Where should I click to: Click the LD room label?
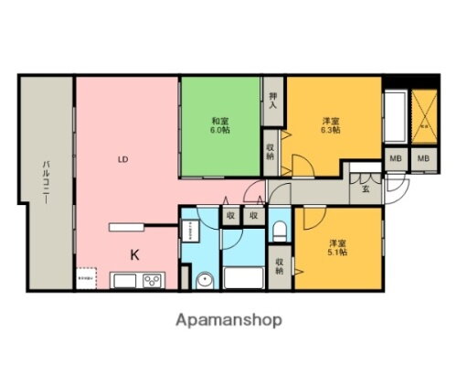click(122, 159)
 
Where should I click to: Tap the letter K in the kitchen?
click(133, 254)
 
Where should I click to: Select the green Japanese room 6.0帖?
click(220, 125)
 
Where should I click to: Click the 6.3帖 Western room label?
click(330, 125)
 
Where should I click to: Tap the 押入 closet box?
click(273, 98)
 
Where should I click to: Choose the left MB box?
click(396, 159)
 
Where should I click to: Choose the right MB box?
click(423, 159)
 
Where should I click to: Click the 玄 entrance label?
click(365, 189)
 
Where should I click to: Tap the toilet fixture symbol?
click(279, 229)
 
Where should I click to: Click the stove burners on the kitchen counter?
click(151, 280)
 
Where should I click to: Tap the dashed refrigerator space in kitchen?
click(88, 278)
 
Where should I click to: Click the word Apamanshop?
click(228, 321)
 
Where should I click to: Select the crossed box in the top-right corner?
click(423, 118)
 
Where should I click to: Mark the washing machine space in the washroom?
click(189, 229)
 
